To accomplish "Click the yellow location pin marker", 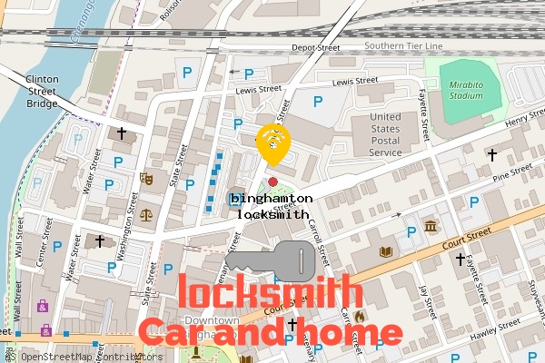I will click(x=272, y=143).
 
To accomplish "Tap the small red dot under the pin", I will click(x=272, y=169).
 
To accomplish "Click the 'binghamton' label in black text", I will click(x=272, y=198).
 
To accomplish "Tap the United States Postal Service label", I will click(x=385, y=134).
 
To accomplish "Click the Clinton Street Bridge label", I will click(x=42, y=91).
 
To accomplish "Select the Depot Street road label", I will click(x=315, y=48).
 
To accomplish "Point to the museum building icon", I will click(x=430, y=224).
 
